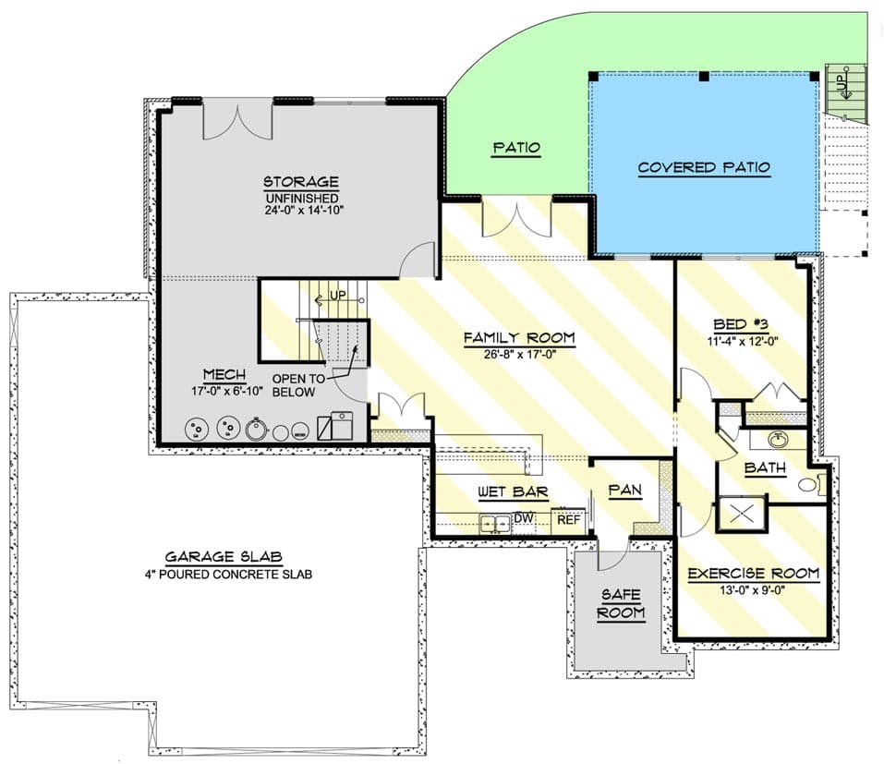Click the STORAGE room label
tap(300, 182)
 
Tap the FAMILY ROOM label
tap(518, 338)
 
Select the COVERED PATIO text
tap(704, 167)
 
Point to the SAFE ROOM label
tap(620, 604)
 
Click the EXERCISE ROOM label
tap(753, 574)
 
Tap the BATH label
tap(765, 468)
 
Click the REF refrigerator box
tap(568, 520)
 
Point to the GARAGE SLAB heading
tap(224, 557)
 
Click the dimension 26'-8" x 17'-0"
tap(518, 354)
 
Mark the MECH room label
tap(224, 374)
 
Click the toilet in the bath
tap(809, 483)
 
